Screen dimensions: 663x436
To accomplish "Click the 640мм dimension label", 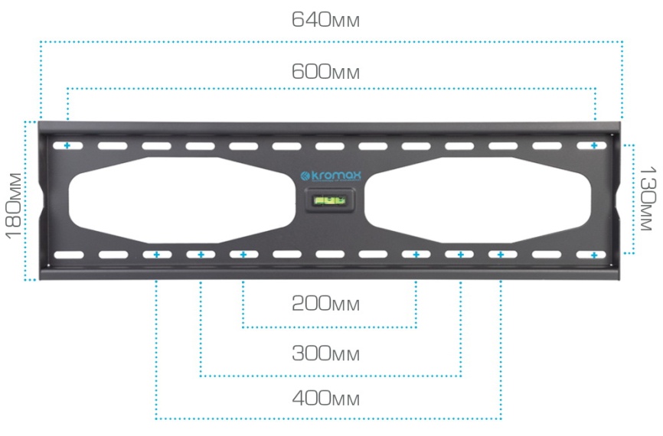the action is point(325,19).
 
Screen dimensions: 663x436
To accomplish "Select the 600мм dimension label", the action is point(325,71).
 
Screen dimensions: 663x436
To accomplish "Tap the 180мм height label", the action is point(14,206).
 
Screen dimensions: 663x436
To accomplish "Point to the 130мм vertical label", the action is point(648,199).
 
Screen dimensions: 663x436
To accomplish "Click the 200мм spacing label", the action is point(325,304).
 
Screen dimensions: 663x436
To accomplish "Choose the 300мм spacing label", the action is point(325,353).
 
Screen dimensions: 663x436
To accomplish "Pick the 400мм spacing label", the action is point(325,398).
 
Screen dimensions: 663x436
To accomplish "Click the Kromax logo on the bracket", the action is point(331,176).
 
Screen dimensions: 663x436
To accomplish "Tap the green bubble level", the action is point(329,200).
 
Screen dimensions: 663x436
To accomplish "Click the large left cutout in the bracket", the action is point(181,200).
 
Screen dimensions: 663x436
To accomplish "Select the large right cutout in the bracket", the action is point(478,200).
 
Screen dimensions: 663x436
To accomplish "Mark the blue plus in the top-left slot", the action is point(67,146).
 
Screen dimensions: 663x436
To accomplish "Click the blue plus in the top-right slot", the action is point(594,146).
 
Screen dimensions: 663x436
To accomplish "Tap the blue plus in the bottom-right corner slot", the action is point(594,255).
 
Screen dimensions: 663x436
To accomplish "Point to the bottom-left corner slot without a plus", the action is point(69,255).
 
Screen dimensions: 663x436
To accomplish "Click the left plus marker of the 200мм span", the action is point(243,255).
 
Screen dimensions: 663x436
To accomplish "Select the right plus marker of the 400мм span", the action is point(501,255).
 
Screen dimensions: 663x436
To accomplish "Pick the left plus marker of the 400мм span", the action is point(157,255).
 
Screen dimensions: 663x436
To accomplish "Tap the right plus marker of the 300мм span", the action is point(460,255).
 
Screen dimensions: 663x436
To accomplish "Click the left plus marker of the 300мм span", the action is point(201,255).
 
